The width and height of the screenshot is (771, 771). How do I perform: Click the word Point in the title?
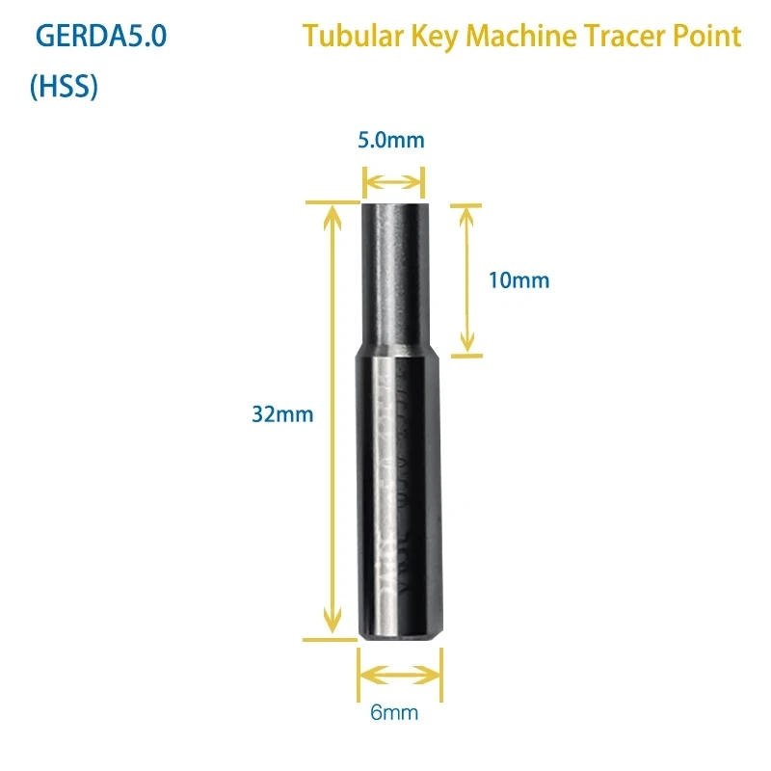click(x=711, y=37)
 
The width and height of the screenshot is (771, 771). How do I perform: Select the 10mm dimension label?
click(x=518, y=280)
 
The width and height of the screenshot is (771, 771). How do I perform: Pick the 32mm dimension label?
click(x=282, y=414)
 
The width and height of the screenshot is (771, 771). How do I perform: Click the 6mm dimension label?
click(x=399, y=714)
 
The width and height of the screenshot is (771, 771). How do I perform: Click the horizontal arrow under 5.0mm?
click(x=393, y=180)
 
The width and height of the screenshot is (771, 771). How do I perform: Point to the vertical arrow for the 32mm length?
click(x=332, y=421)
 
